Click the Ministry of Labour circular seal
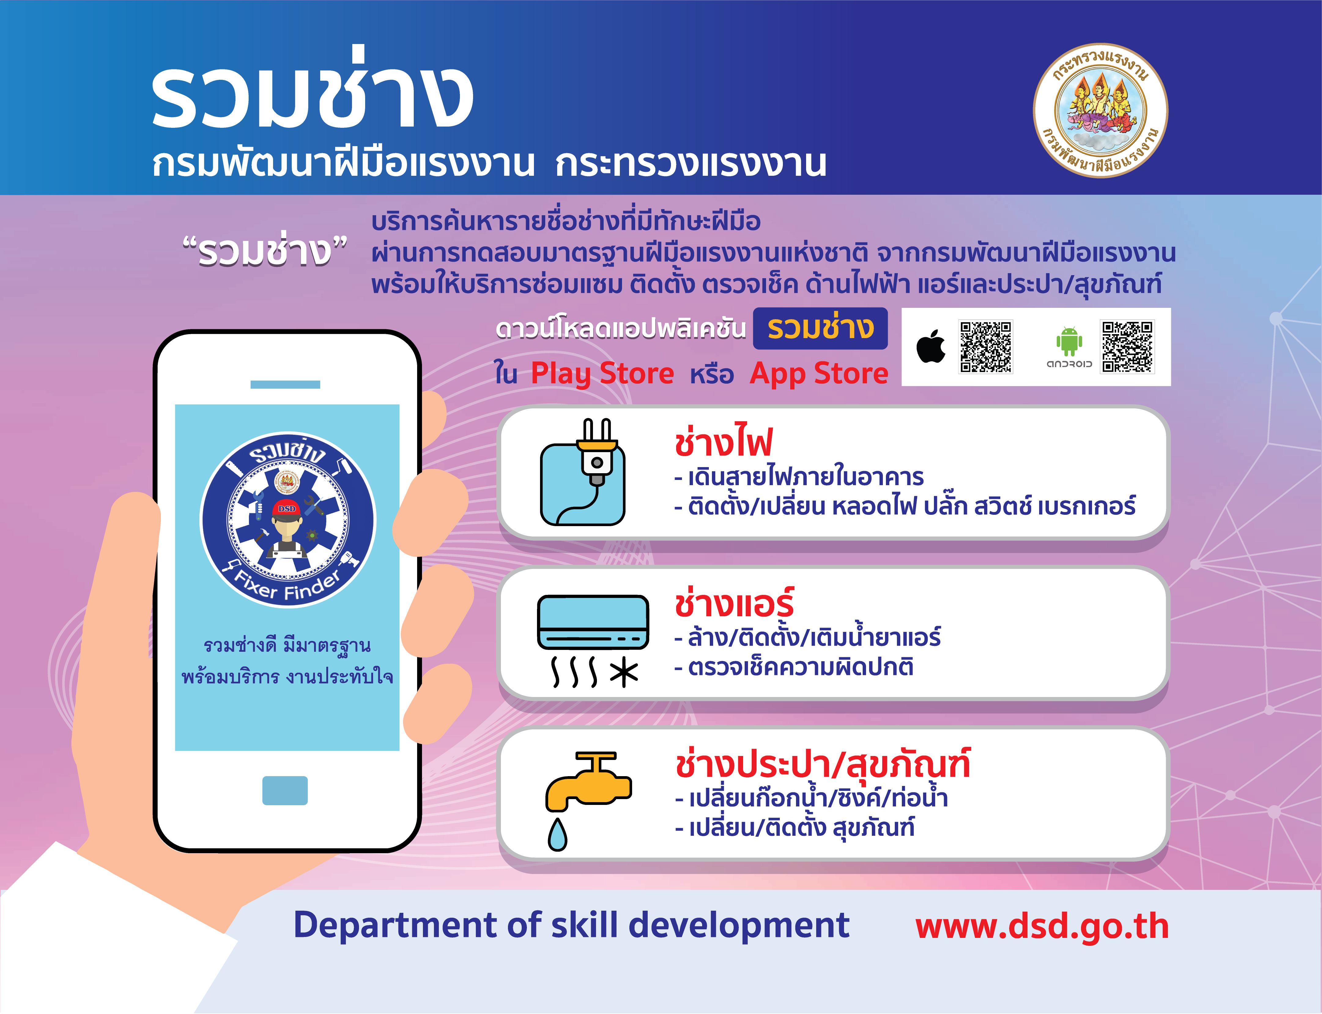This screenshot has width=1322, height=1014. (1101, 110)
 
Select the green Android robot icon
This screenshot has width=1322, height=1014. (1069, 342)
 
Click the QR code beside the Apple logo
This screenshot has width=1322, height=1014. (986, 346)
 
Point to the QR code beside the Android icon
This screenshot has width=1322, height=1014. (1127, 346)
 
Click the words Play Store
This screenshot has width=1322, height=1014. (602, 374)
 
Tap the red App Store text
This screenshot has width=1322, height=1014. (819, 374)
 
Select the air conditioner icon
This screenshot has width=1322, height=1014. (593, 622)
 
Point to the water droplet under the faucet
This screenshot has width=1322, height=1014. (557, 835)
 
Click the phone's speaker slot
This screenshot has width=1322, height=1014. (285, 385)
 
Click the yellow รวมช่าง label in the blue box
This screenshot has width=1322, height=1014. (820, 328)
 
